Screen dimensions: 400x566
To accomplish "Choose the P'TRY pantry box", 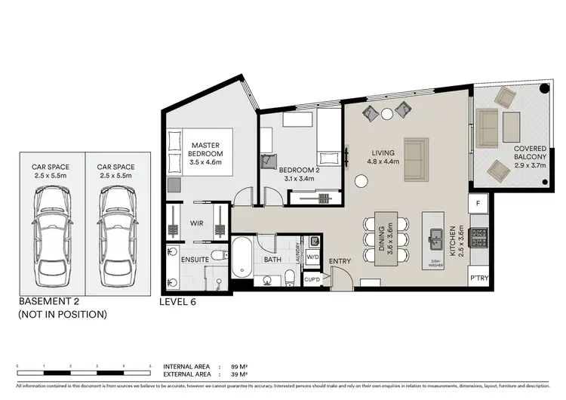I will tap(478, 277).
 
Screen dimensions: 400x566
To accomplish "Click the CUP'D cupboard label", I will tap(313, 278).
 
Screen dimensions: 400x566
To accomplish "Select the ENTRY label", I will tap(340, 262).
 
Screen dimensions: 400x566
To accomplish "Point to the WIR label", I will tap(197, 223).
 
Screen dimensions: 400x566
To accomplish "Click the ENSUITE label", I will tap(195, 260).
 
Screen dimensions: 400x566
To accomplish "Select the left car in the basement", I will tap(51, 232).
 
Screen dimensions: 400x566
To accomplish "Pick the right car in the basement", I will tap(115, 232).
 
